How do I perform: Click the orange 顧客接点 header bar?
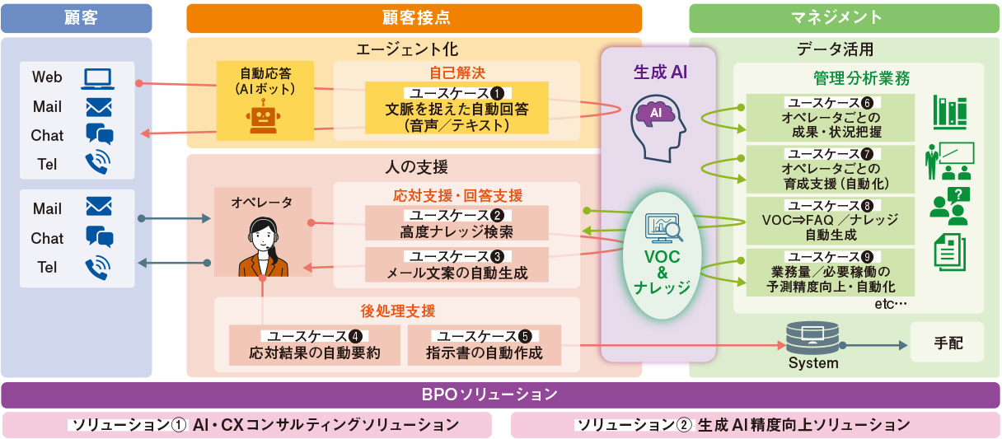[414, 18]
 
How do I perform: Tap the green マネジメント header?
[844, 18]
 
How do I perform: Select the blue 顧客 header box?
[76, 18]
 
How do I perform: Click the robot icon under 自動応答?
[262, 118]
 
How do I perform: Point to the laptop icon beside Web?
[98, 78]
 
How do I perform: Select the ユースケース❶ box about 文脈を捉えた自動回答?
[457, 108]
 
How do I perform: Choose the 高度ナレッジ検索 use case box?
[457, 223]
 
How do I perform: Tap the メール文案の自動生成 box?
[457, 264]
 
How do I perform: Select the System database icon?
[812, 337]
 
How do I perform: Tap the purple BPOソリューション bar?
[500, 395]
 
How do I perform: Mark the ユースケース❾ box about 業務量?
[831, 272]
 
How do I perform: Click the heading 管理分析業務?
[860, 79]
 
